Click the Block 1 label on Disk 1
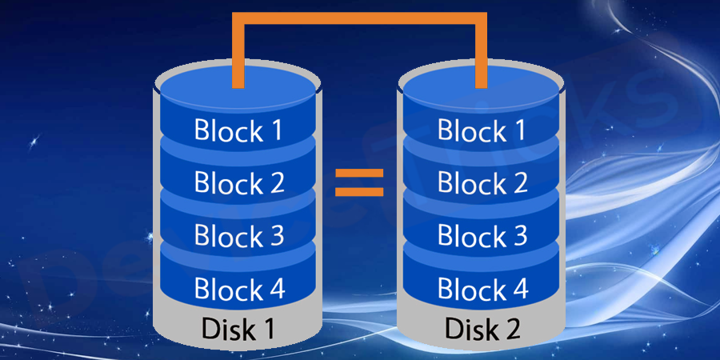(239, 130)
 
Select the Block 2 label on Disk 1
(239, 183)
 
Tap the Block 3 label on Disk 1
(239, 236)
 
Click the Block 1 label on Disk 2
(482, 130)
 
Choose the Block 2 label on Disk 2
(482, 183)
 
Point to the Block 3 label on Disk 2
(482, 236)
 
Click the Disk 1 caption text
(239, 329)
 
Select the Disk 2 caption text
(482, 329)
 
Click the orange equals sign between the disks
(359, 182)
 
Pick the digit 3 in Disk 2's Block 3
(518, 236)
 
